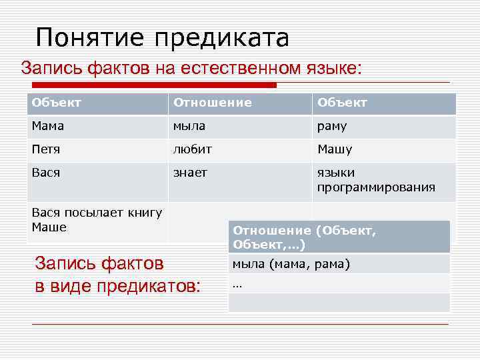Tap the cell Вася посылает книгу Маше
pyautogui.click(x=97, y=220)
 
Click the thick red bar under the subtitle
pyautogui.click(x=153, y=85)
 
